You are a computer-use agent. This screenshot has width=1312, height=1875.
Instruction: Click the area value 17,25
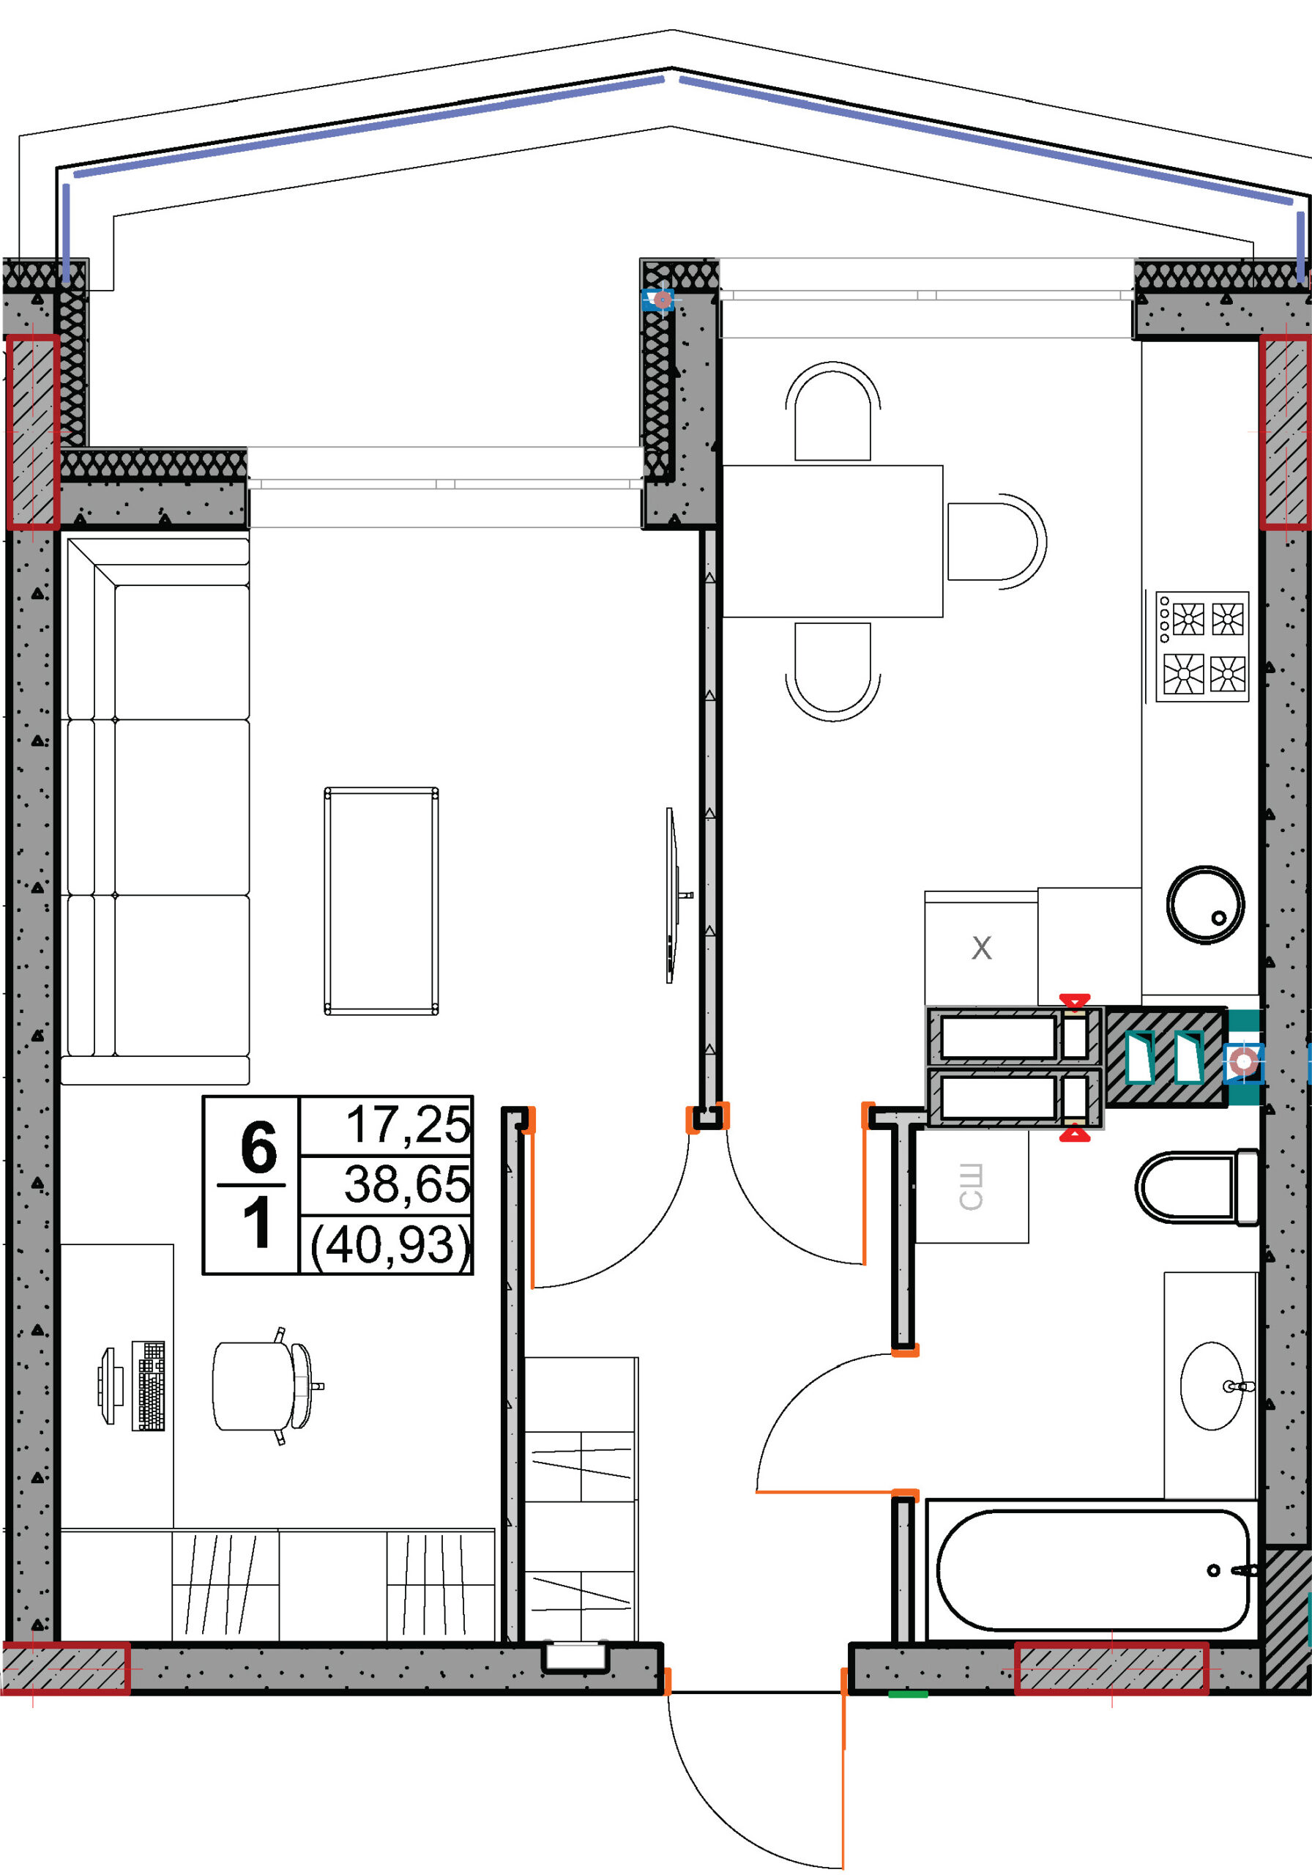409,1124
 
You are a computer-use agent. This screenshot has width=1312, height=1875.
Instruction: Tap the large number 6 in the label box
258,1148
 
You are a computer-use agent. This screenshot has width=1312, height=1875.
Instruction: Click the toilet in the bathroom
1197,1187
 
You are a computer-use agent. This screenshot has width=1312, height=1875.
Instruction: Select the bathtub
1092,1570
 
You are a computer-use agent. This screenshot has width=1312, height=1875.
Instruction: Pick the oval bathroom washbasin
1212,1386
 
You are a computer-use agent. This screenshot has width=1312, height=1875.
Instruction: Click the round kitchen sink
1205,905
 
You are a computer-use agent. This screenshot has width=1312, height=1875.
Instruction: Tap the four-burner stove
1201,647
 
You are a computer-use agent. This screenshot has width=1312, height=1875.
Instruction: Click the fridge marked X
980,947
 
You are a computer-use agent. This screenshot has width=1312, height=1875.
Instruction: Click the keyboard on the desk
149,1386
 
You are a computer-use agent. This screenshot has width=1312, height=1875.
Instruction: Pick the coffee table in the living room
381,901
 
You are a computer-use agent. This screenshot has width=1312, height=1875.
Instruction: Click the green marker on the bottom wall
908,1695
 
